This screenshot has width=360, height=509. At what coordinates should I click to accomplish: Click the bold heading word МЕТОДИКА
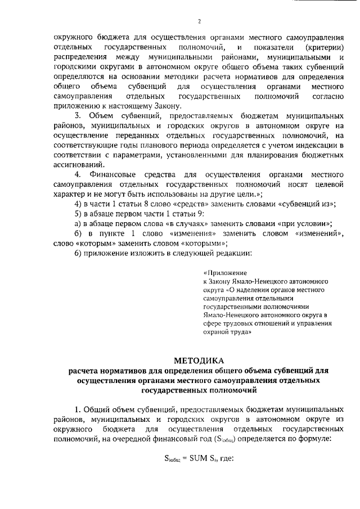pos(199,361)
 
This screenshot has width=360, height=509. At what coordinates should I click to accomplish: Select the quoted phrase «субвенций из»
pos(308,204)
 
